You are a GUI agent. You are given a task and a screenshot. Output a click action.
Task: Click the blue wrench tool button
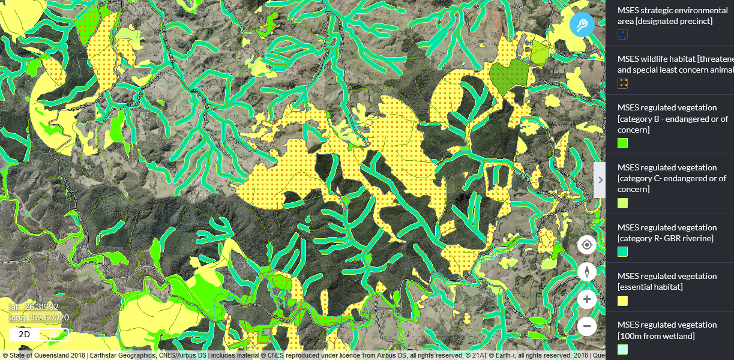582,25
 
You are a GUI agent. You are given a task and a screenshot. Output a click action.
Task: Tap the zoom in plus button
587,299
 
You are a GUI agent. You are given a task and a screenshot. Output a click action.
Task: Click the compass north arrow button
587,272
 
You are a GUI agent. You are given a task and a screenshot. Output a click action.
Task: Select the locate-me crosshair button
587,245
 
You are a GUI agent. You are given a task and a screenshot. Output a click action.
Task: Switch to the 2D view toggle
24,334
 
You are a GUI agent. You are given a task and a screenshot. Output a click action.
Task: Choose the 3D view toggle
54,334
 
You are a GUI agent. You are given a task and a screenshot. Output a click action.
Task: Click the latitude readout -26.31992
34,307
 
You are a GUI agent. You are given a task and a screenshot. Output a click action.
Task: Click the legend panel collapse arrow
600,179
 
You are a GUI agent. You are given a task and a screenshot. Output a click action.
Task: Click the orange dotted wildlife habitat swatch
623,83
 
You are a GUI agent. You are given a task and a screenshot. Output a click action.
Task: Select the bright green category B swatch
623,143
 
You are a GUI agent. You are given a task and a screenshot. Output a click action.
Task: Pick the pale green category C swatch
623,203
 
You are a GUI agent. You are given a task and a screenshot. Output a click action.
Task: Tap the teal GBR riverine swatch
623,251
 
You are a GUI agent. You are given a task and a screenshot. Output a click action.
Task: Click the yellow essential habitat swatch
623,301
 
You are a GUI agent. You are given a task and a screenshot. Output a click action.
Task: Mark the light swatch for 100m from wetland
623,349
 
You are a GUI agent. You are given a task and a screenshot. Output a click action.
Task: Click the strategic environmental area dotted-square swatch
623,35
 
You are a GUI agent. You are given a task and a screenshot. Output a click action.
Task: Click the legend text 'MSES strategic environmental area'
672,10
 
